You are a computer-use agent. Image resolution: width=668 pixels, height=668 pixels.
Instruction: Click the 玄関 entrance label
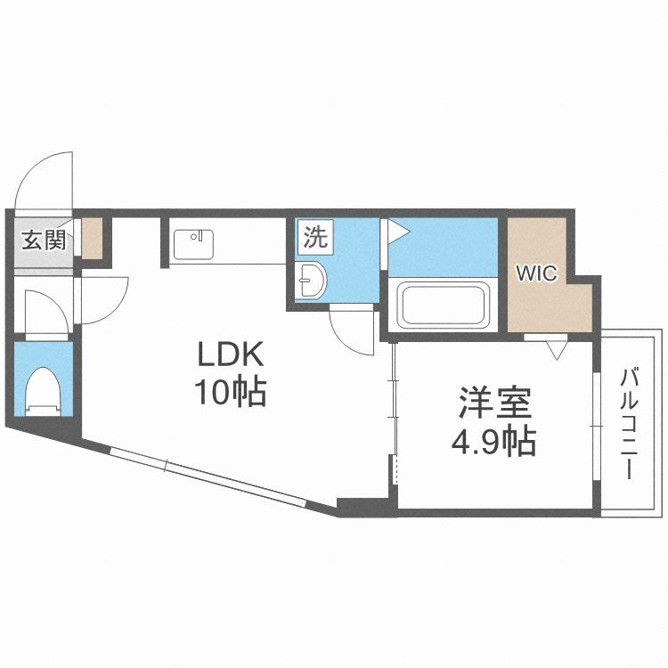(x=44, y=240)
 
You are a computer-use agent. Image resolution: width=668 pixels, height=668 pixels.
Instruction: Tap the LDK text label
(x=231, y=354)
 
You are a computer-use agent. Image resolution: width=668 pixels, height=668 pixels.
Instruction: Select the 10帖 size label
(x=231, y=392)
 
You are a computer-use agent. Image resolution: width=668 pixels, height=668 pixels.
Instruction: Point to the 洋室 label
(x=495, y=403)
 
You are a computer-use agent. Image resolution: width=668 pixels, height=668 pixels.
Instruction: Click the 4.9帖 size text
(x=493, y=442)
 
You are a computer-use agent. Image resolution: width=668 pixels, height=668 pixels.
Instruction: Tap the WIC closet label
(x=536, y=273)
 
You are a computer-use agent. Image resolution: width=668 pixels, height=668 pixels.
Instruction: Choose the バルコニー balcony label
(x=630, y=424)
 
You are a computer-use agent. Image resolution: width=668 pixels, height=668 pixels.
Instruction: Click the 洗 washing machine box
(x=315, y=237)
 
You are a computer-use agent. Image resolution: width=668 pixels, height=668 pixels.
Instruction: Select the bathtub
(x=443, y=305)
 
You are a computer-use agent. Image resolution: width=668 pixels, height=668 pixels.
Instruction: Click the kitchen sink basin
(x=193, y=245)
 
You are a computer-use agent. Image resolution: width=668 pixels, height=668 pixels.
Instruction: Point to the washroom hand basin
(x=312, y=281)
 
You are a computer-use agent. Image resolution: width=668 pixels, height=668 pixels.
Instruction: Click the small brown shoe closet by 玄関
(x=92, y=239)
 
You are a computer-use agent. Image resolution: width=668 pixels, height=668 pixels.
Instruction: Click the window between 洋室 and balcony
(x=597, y=426)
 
